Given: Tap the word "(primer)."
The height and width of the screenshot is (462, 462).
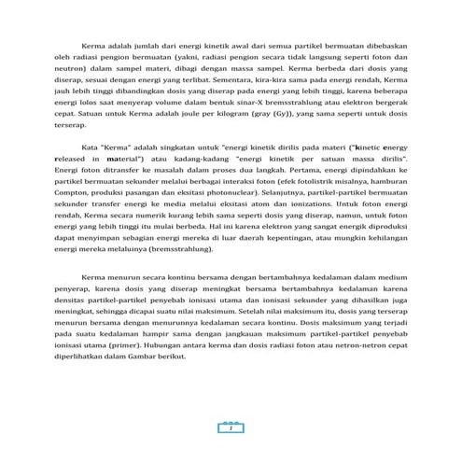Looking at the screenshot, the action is click(138, 395).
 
